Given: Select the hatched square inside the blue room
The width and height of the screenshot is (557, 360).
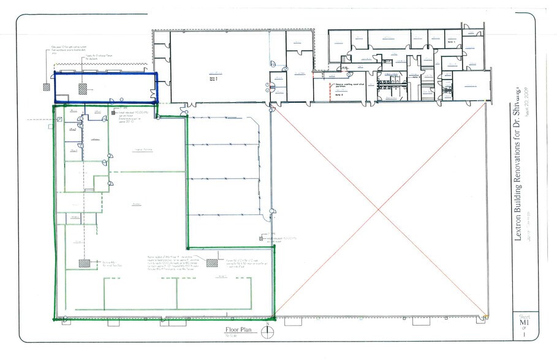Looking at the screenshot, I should (82, 88).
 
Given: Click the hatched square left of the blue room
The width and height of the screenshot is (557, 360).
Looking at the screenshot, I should (45, 88).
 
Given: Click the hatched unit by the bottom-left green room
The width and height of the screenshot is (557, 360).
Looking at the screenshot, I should (84, 263).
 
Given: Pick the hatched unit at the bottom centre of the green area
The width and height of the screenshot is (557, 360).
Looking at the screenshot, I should (212, 263).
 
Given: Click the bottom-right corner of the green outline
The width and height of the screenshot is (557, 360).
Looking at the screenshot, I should (274, 318).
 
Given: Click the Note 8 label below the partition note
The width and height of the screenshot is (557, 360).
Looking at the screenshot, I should (338, 95).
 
